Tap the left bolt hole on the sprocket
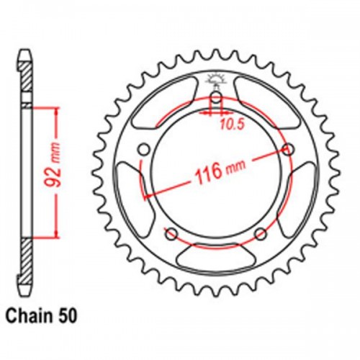pos(143,149)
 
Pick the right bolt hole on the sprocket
pos(289,149)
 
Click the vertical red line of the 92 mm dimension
pos(53,172)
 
